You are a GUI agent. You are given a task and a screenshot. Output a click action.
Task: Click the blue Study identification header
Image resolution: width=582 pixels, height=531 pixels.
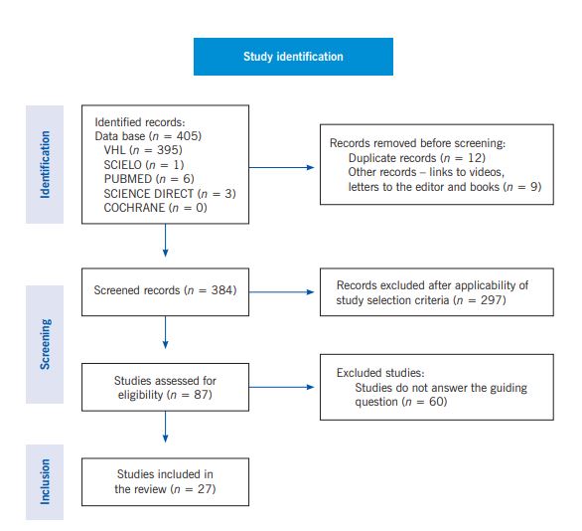point(293,57)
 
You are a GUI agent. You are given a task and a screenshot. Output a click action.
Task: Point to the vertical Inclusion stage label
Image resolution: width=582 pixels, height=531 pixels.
point(45,481)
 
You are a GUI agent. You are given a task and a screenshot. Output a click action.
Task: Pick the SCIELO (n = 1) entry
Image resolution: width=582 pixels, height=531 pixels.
point(144,164)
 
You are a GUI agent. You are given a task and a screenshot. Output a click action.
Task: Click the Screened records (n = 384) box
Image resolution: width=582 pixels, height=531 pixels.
point(164,291)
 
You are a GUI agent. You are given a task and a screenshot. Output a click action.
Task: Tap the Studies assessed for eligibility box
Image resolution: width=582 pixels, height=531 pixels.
point(164,388)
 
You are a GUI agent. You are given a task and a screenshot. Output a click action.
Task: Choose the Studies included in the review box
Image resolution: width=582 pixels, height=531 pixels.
point(164,481)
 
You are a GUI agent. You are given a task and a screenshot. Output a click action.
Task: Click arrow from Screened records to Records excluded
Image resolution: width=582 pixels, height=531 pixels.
point(283,291)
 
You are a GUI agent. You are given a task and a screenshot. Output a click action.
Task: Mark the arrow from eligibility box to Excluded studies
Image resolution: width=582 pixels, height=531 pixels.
point(283,388)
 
